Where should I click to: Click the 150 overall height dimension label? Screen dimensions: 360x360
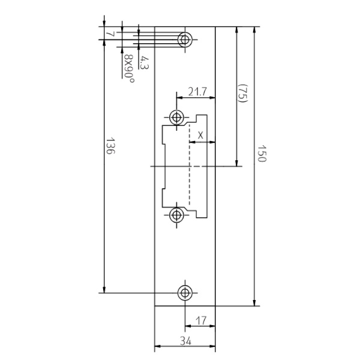tap(262, 154)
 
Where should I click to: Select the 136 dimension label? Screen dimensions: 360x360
tap(110, 146)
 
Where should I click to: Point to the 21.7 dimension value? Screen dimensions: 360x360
tap(197, 92)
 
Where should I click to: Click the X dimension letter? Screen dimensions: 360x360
tap(200, 136)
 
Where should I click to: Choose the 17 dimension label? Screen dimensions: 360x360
tap(201, 320)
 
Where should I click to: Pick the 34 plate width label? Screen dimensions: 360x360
tap(185, 341)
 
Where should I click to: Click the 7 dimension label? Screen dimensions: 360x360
tap(110, 34)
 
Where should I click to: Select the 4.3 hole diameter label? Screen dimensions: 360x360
tap(145, 62)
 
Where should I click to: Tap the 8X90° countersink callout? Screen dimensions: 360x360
tap(129, 68)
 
